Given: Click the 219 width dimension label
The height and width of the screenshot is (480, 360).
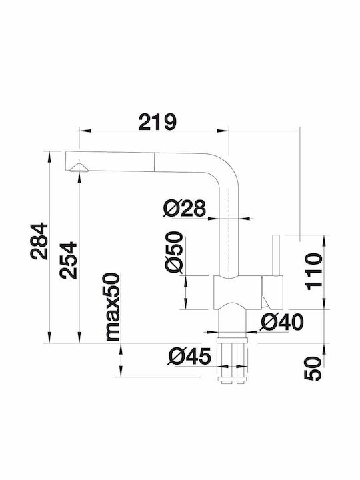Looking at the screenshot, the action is tap(157, 122).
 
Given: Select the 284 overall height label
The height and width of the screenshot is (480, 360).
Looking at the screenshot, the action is tap(39, 241).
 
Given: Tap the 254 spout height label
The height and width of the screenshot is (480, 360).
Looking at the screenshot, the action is tap(68, 260).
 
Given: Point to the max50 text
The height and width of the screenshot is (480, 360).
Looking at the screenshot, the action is tap(112, 307).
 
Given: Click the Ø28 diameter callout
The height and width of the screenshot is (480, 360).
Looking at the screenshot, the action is tap(184, 209).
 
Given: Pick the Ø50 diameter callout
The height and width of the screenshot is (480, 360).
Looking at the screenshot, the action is tap(173, 252).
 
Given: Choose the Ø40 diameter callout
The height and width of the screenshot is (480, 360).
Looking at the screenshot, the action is tap(281, 322).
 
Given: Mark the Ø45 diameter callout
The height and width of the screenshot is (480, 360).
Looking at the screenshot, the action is tap(189, 357).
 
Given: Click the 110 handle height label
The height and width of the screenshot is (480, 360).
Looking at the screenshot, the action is tap(314, 271).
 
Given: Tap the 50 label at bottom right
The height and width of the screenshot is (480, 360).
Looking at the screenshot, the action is tap(313, 368).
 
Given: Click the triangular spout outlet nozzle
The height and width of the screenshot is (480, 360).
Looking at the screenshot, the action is tap(79, 167).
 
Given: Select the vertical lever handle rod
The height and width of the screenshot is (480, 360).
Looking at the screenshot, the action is tap(275, 255).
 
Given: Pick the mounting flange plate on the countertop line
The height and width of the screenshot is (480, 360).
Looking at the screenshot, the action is tap(233, 341).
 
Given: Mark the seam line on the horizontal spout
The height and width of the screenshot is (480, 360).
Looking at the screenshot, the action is tap(155, 161).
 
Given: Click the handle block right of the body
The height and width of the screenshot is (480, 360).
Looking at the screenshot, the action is tap(273, 292).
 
